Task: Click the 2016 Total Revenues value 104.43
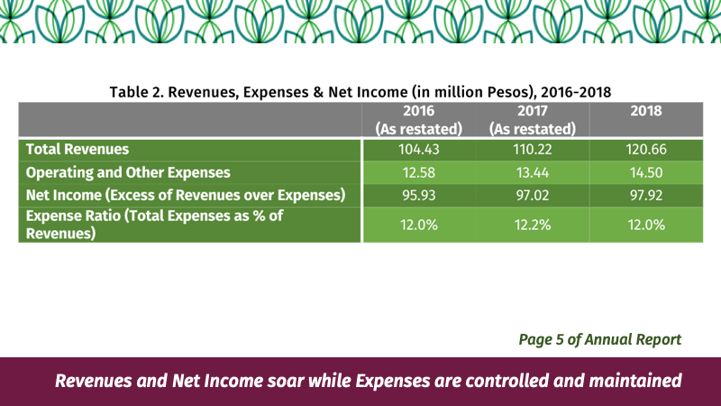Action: (x=418, y=150)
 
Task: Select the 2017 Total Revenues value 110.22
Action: (x=533, y=150)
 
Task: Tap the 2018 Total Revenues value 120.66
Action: (x=646, y=150)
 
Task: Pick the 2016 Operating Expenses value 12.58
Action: (x=418, y=172)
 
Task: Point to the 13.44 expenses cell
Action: (x=533, y=172)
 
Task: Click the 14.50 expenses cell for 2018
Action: (x=646, y=172)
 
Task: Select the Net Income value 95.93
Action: (x=418, y=195)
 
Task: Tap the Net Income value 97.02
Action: (x=533, y=195)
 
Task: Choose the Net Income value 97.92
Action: (x=646, y=195)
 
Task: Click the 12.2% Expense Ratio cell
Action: (x=533, y=225)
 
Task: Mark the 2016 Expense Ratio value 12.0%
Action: (x=418, y=225)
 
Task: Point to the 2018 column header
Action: (x=646, y=111)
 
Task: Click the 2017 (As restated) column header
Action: (x=533, y=120)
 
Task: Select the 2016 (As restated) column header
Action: (x=418, y=120)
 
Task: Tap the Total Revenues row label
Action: (x=78, y=149)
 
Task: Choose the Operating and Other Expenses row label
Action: (x=128, y=172)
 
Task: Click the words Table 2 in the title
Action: (x=137, y=92)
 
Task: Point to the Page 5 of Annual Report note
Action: (x=600, y=340)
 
